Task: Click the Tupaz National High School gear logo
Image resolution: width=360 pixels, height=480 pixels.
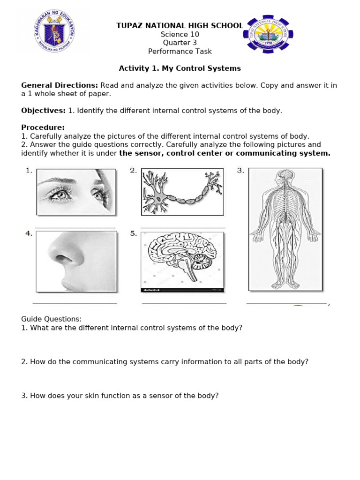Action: click(268, 35)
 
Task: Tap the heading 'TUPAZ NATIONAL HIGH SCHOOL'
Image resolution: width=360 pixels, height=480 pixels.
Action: click(180, 26)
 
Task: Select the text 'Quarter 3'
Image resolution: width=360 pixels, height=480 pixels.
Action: click(180, 43)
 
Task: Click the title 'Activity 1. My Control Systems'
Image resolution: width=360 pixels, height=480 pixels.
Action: click(180, 68)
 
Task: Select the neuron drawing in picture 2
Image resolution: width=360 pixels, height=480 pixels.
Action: click(182, 191)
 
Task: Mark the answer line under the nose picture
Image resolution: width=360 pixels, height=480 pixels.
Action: click(75, 304)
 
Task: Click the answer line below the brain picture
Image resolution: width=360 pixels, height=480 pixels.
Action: click(184, 304)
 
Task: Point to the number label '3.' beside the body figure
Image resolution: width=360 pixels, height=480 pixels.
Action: click(241, 171)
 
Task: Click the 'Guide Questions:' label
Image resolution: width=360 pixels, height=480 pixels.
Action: click(52, 319)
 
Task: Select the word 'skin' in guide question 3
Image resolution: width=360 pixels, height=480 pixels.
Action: click(84, 396)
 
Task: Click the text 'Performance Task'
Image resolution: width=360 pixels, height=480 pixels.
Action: click(180, 52)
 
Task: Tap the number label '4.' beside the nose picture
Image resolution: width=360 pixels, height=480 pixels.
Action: click(29, 233)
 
